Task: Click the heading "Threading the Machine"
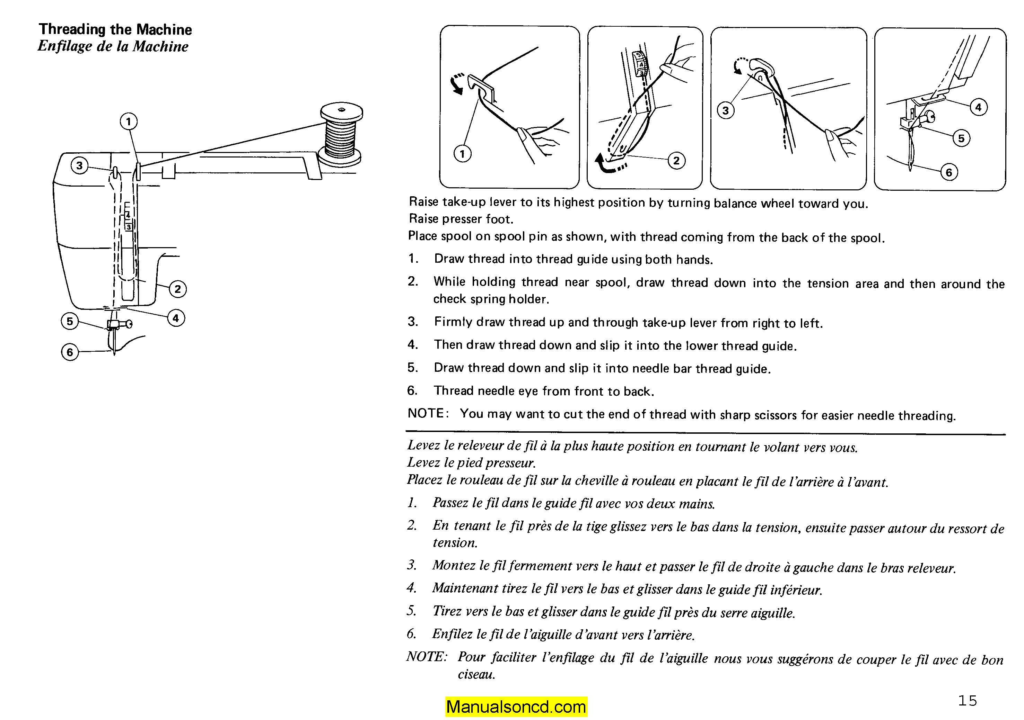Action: tap(115, 29)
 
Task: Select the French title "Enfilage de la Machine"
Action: tap(113, 46)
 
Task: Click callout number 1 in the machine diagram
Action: tap(129, 121)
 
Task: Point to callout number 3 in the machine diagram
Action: tap(79, 166)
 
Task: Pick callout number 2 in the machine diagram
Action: tap(177, 289)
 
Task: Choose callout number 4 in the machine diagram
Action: tap(176, 318)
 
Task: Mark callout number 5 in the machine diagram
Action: tap(70, 321)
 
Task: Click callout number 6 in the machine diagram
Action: tap(70, 352)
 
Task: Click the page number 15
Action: tap(968, 700)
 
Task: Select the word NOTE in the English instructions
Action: tap(426, 413)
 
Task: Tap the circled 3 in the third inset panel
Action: tap(726, 110)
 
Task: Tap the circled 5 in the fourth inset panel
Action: tap(961, 138)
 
